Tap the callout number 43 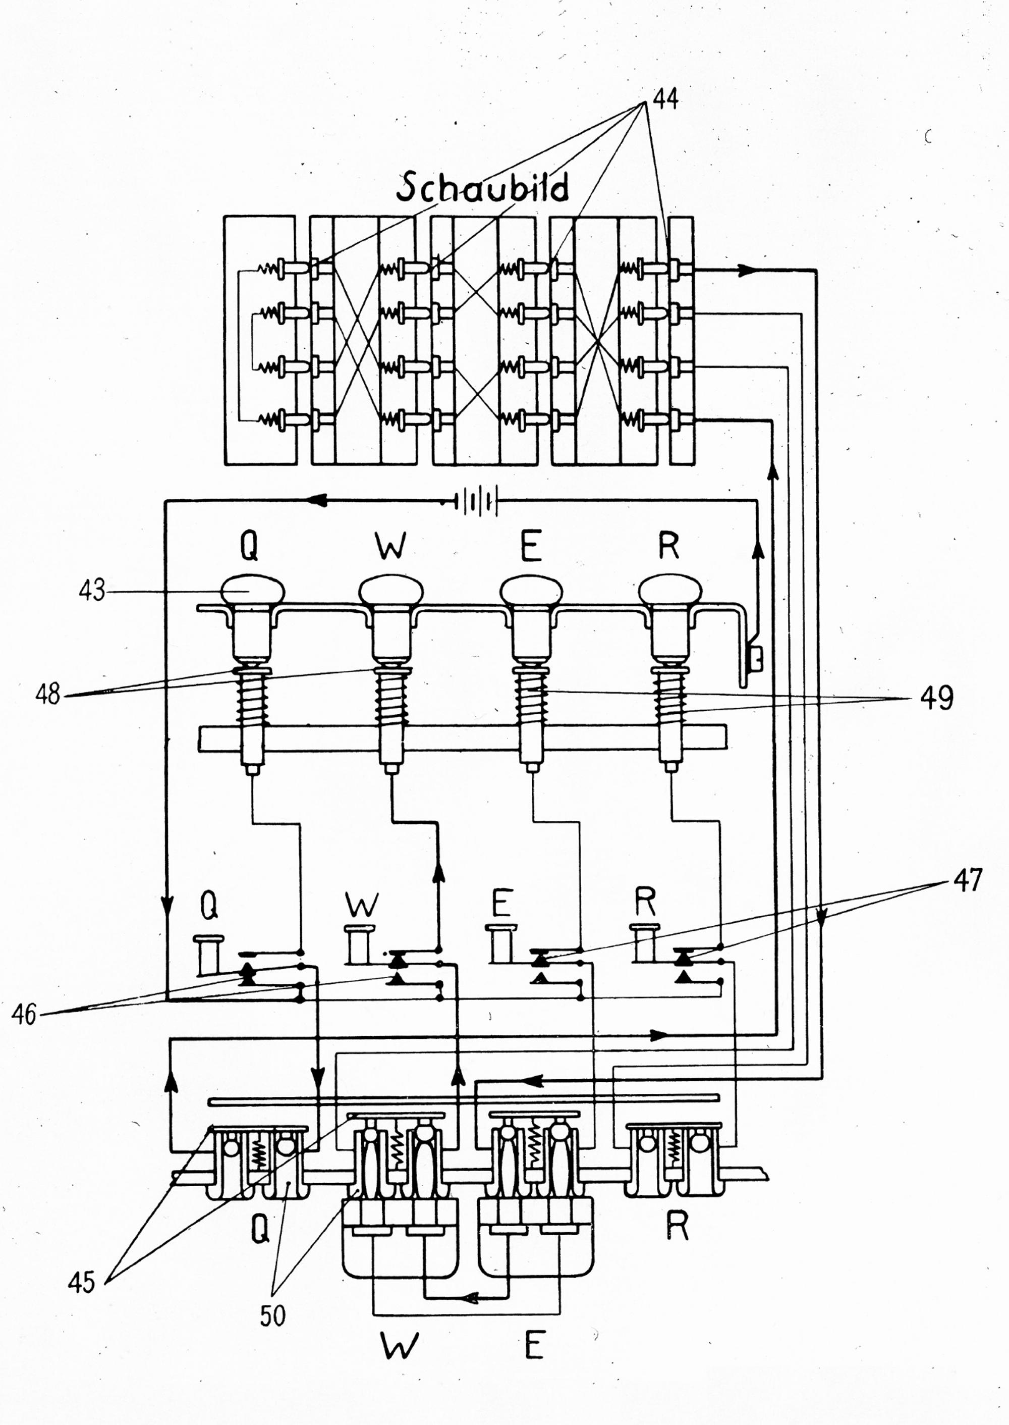click(x=91, y=591)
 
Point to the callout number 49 click(x=936, y=698)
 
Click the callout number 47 click(x=967, y=880)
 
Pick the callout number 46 click(x=24, y=1015)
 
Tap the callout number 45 click(x=81, y=1282)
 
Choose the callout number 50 click(x=273, y=1315)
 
